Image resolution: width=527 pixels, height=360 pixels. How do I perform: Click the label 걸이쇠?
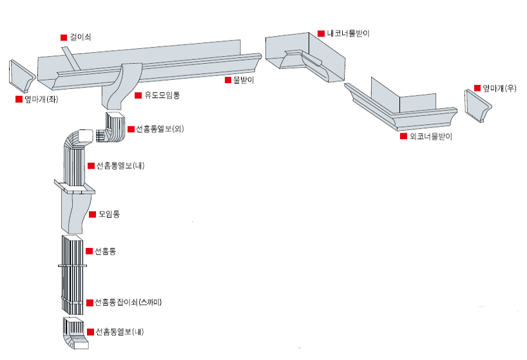(x=81, y=37)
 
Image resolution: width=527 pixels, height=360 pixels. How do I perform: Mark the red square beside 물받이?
(x=227, y=81)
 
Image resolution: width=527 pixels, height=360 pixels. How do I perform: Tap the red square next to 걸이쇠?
(x=63, y=37)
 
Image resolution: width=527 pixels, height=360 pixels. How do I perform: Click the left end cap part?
(x=22, y=76)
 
